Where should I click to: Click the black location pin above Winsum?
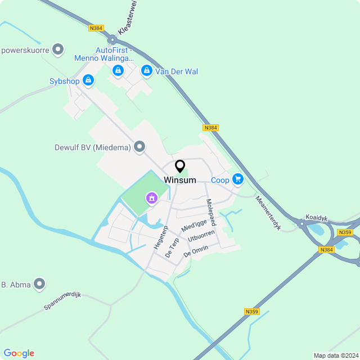(180, 166)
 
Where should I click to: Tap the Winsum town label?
(180, 180)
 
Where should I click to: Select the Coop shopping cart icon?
(238, 179)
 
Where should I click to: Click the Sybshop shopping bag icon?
(88, 81)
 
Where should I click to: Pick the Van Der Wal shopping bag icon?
(147, 71)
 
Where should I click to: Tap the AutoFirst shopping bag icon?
(118, 70)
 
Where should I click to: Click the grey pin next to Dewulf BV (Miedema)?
(140, 147)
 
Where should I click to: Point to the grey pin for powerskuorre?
(58, 49)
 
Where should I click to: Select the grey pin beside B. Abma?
(39, 284)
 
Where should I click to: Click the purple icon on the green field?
(151, 197)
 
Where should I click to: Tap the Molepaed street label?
(210, 213)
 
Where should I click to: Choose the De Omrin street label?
(196, 251)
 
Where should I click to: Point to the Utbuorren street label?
(201, 237)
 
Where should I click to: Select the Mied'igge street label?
(194, 226)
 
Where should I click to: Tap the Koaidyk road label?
(316, 217)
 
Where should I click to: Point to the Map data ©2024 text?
(335, 355)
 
